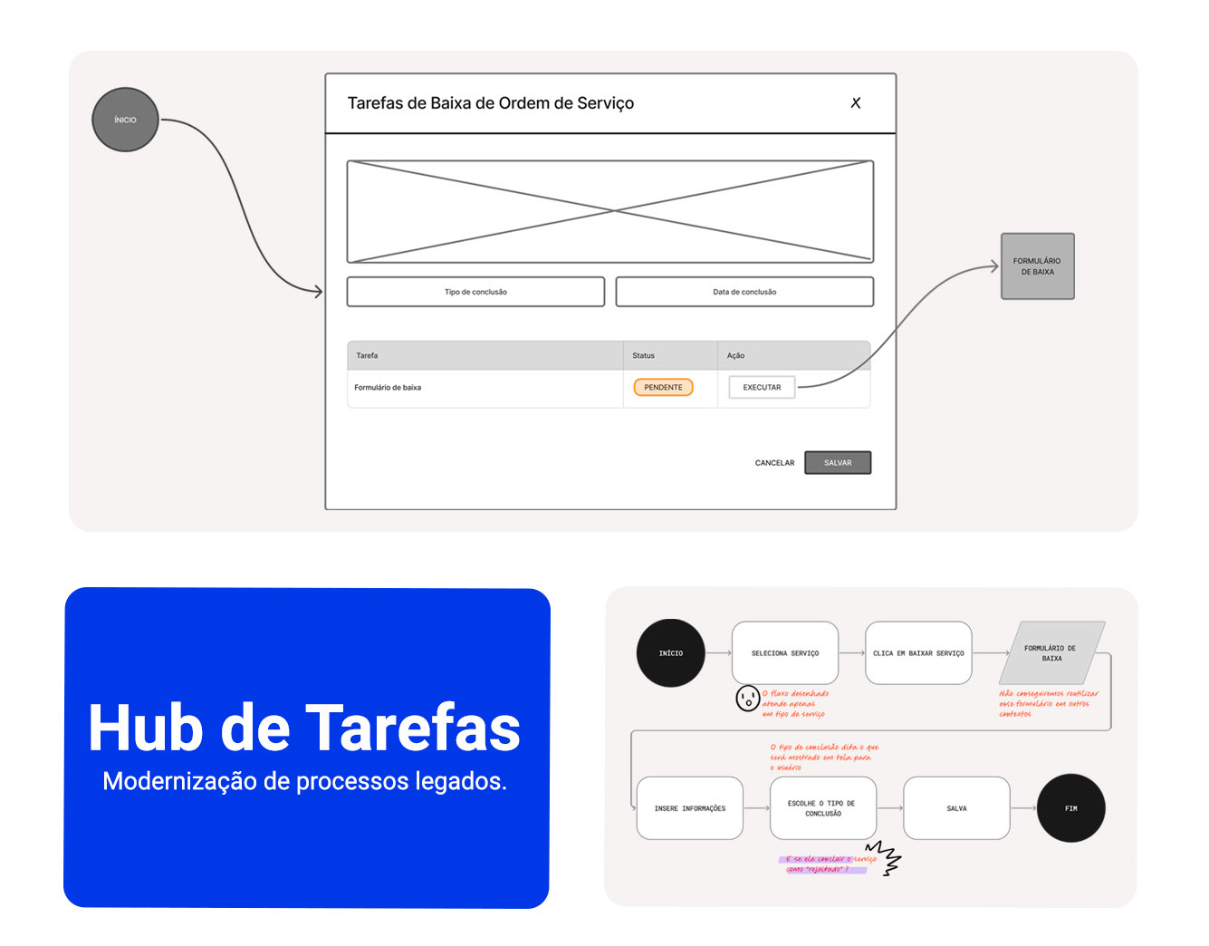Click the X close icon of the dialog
[856, 103]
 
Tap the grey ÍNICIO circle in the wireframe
[126, 120]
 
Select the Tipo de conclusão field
[475, 292]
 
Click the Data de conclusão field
[744, 292]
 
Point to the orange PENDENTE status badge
[663, 387]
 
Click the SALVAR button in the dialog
[838, 463]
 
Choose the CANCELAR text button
[774, 463]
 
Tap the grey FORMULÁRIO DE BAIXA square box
[1037, 266]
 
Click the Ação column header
[736, 355]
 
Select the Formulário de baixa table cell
[389, 388]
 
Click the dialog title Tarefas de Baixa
[490, 103]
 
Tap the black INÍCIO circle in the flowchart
[671, 653]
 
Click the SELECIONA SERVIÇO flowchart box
[785, 653]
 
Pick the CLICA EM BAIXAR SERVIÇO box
[918, 653]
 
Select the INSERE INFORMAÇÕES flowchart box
[690, 808]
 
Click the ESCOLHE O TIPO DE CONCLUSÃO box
[823, 808]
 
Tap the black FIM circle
[1070, 808]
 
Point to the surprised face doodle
[747, 699]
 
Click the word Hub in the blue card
[145, 729]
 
